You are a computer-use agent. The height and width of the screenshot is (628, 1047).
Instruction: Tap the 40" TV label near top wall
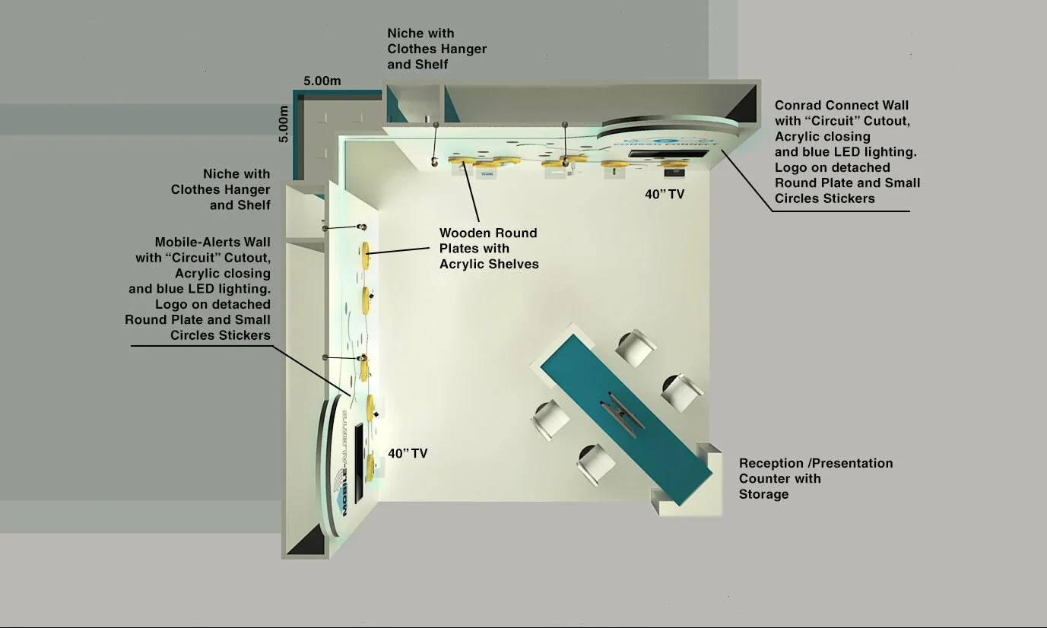tap(665, 195)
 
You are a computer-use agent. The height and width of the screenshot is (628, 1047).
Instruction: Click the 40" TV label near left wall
tap(408, 454)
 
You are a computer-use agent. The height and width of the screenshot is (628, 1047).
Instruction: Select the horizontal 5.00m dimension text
tap(322, 81)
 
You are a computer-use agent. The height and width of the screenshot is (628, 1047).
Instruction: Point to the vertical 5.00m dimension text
tap(283, 124)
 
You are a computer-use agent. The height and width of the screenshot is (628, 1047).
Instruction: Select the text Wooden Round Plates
tap(488, 240)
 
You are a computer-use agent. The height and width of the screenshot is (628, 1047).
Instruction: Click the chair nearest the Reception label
tap(681, 392)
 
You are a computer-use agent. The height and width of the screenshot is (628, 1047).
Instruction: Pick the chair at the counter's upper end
tap(636, 347)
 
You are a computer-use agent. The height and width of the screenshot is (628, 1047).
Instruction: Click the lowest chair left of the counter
tap(595, 463)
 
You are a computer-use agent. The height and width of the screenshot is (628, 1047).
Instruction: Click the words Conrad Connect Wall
tap(841, 105)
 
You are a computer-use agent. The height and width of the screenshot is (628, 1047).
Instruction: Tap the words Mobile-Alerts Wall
tap(212, 242)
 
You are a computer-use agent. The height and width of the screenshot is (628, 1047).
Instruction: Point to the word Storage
tap(763, 494)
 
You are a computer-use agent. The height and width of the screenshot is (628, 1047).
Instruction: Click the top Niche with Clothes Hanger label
tap(436, 49)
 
